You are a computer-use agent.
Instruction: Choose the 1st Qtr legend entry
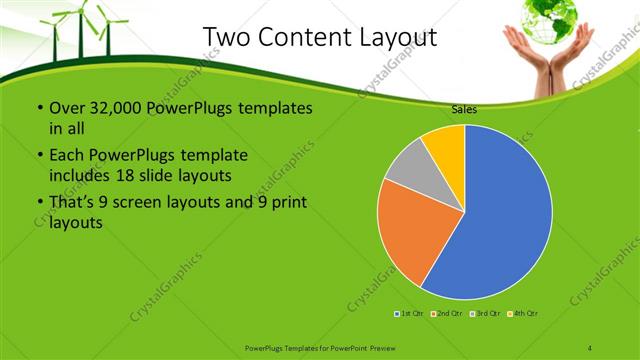(x=410, y=314)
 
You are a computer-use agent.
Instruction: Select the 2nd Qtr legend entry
(x=446, y=314)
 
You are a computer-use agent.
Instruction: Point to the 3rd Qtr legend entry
(x=484, y=314)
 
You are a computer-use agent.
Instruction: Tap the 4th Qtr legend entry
(x=522, y=314)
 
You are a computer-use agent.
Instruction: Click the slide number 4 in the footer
(x=591, y=347)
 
